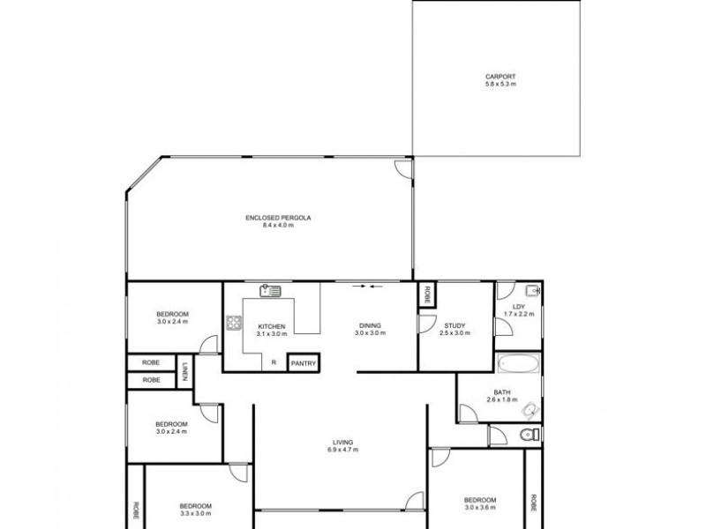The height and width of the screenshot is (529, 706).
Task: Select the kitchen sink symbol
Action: tap(269, 290)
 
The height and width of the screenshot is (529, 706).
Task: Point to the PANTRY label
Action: tap(303, 362)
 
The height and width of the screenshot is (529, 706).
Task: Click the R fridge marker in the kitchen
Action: tap(274, 362)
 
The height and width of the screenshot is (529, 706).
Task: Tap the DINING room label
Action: tap(370, 325)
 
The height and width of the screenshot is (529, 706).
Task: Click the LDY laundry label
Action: tap(518, 307)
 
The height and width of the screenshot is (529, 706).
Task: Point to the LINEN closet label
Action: tap(185, 372)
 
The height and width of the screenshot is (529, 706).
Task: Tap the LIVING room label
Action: tap(343, 443)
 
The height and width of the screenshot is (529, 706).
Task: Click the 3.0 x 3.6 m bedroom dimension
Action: tap(481, 508)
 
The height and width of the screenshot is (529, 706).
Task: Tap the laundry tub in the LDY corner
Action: tap(531, 291)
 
